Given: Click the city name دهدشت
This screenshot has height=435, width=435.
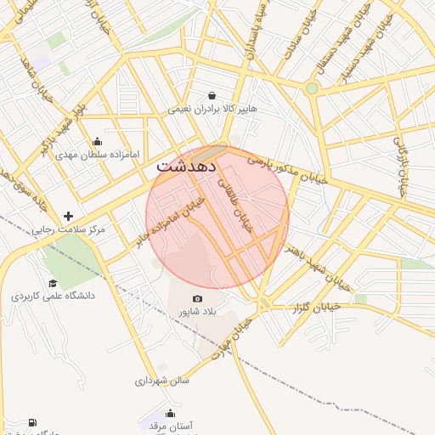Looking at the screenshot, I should click(x=185, y=169).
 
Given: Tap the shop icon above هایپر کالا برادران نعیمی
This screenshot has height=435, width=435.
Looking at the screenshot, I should click(x=212, y=96).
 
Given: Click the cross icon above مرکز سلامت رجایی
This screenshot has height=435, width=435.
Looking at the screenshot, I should click(x=68, y=217).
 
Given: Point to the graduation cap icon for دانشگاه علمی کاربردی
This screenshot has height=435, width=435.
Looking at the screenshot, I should click(x=53, y=283).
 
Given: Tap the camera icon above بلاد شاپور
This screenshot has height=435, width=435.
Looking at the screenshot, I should click(x=198, y=298).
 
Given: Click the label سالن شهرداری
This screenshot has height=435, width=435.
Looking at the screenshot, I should click(x=161, y=381).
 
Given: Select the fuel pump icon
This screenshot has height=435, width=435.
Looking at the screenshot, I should click(x=32, y=422).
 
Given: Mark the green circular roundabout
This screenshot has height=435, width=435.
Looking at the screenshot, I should click(x=312, y=88).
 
